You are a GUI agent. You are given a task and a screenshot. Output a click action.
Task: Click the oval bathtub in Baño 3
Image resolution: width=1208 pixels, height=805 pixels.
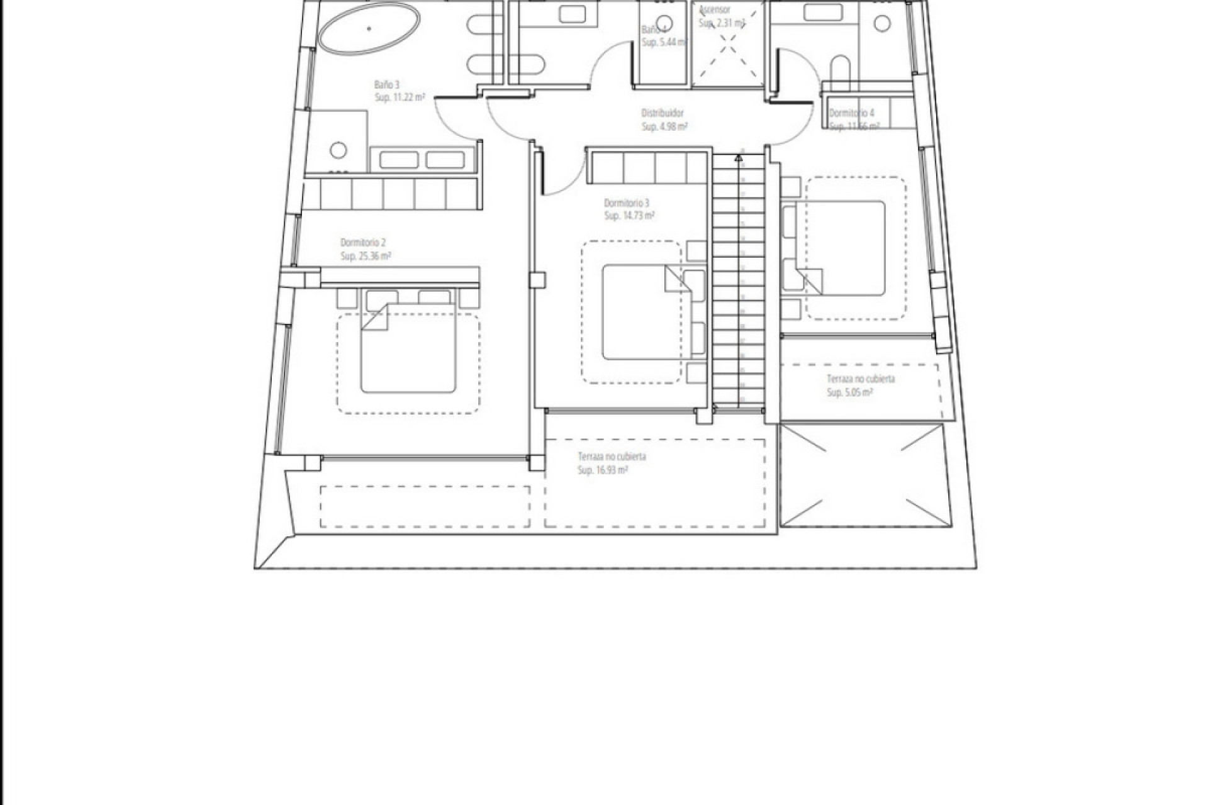[369, 29]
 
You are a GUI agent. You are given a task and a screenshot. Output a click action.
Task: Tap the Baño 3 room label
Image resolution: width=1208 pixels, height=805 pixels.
[387, 84]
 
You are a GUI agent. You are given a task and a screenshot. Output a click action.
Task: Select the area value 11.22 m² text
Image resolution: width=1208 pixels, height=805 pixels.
[400, 97]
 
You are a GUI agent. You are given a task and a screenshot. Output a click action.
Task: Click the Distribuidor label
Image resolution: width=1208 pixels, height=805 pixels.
[662, 113]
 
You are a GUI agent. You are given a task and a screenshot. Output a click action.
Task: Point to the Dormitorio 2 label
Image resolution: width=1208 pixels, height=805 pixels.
[363, 242]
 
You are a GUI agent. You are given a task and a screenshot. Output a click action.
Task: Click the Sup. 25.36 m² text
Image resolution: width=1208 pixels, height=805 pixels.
[366, 256]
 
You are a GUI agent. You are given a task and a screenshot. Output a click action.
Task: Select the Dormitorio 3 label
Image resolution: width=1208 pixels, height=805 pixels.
[627, 203]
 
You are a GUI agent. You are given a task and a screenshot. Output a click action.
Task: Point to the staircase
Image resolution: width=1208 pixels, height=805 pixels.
[739, 283]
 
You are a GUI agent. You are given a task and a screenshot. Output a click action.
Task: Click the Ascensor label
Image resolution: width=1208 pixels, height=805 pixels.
[715, 10]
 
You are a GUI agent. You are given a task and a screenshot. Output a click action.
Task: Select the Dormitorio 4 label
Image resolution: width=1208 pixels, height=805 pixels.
[851, 113]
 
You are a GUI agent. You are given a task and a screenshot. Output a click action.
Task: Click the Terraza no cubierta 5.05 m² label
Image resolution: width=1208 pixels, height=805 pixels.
[860, 379]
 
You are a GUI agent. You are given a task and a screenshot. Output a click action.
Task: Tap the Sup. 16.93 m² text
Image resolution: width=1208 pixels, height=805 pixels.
[602, 470]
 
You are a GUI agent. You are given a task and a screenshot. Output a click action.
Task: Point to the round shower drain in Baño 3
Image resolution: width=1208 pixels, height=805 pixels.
[338, 150]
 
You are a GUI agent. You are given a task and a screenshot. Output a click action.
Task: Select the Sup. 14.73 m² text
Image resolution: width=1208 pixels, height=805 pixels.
[629, 216]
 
